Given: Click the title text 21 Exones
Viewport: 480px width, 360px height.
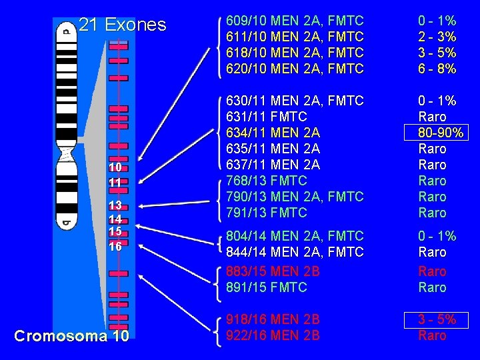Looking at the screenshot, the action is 123,25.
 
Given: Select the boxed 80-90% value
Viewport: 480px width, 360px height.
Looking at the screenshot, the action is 437,133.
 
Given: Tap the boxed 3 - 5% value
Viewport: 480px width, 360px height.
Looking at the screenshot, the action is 437,319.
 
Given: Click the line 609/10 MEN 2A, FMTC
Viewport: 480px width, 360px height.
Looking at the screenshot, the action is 295,21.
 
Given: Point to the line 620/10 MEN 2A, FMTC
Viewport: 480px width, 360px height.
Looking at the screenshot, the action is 295,69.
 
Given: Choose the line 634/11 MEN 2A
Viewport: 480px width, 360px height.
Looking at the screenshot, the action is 273,133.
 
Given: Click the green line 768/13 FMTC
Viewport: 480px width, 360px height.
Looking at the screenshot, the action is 267,181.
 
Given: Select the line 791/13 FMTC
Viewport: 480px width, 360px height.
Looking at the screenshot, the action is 267,213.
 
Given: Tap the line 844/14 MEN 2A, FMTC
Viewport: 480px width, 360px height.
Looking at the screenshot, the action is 295,252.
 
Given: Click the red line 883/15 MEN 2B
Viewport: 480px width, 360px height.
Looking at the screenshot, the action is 273,271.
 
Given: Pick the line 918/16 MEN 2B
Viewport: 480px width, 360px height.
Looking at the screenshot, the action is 273,319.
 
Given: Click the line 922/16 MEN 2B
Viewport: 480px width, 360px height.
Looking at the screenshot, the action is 273,335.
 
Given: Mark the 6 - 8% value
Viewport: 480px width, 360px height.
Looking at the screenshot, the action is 437,69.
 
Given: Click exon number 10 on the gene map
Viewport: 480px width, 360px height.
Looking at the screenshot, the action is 115,166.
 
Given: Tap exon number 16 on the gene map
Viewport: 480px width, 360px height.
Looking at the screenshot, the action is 115,246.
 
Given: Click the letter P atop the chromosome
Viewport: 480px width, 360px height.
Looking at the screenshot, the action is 65,30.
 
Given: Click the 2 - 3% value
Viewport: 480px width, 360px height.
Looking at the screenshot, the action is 437,37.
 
